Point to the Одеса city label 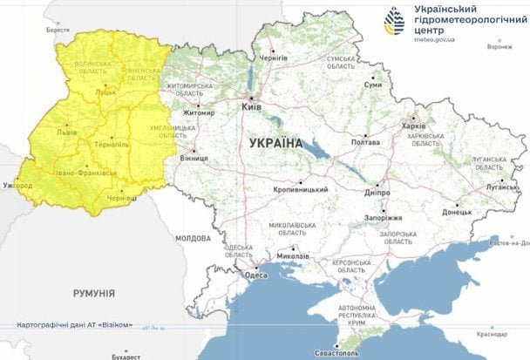pos(256,275)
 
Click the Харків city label pos(413,126)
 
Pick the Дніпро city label pos(377,193)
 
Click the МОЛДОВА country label pos(193,238)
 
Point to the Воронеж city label pos(499,47)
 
